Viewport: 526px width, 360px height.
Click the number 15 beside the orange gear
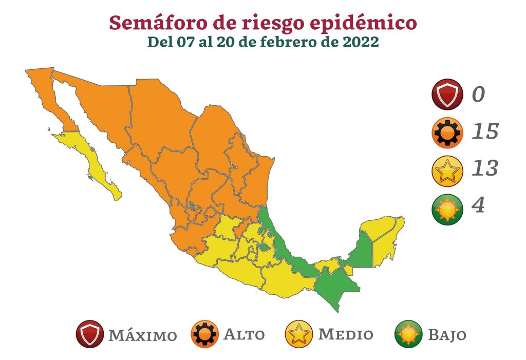point(485,132)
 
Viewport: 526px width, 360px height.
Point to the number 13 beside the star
point(485,168)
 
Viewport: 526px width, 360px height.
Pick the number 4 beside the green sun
point(479,205)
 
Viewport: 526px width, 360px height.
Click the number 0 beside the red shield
point(479,94)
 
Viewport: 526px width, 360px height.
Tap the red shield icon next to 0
point(448,95)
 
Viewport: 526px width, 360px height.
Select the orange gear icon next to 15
point(448,132)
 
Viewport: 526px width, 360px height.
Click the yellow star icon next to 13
point(448,169)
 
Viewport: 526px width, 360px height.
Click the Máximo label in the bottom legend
point(142,336)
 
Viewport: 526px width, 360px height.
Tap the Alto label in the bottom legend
point(244,335)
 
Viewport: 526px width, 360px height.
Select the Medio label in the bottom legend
point(346,335)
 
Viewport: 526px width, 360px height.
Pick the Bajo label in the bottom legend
point(447,336)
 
